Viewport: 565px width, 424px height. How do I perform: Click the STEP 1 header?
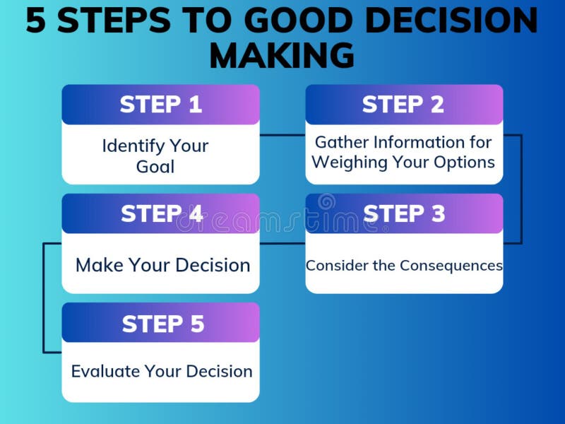(x=160, y=105)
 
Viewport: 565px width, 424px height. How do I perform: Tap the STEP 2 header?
(x=403, y=105)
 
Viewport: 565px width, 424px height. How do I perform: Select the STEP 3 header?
(x=404, y=213)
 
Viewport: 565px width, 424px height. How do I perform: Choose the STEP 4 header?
(x=161, y=213)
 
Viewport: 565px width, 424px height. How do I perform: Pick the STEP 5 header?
(x=162, y=324)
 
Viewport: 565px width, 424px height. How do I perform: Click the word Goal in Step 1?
(x=155, y=167)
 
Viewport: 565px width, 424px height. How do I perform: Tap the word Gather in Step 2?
(x=340, y=142)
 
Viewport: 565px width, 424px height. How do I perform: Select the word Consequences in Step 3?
(x=451, y=266)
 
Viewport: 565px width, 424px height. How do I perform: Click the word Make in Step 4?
(x=100, y=266)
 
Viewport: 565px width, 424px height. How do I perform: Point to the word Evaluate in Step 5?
(x=105, y=371)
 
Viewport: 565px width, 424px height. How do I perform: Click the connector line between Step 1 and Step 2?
(x=282, y=134)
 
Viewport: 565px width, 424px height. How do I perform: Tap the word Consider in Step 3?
(x=333, y=266)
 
